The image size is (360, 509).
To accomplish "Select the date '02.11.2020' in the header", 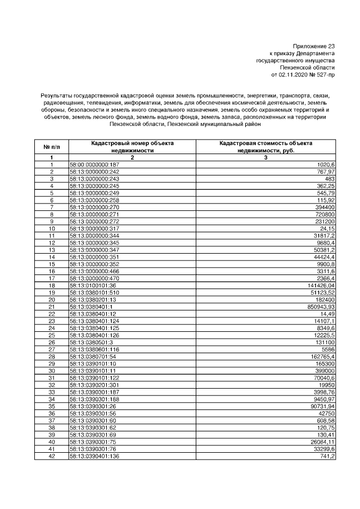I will click(x=293, y=74).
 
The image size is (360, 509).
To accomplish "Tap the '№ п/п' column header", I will click(x=51, y=147).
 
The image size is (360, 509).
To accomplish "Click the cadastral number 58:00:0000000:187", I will click(x=94, y=164).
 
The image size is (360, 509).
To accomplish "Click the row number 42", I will click(x=51, y=456).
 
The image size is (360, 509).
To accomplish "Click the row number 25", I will click(x=51, y=335).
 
